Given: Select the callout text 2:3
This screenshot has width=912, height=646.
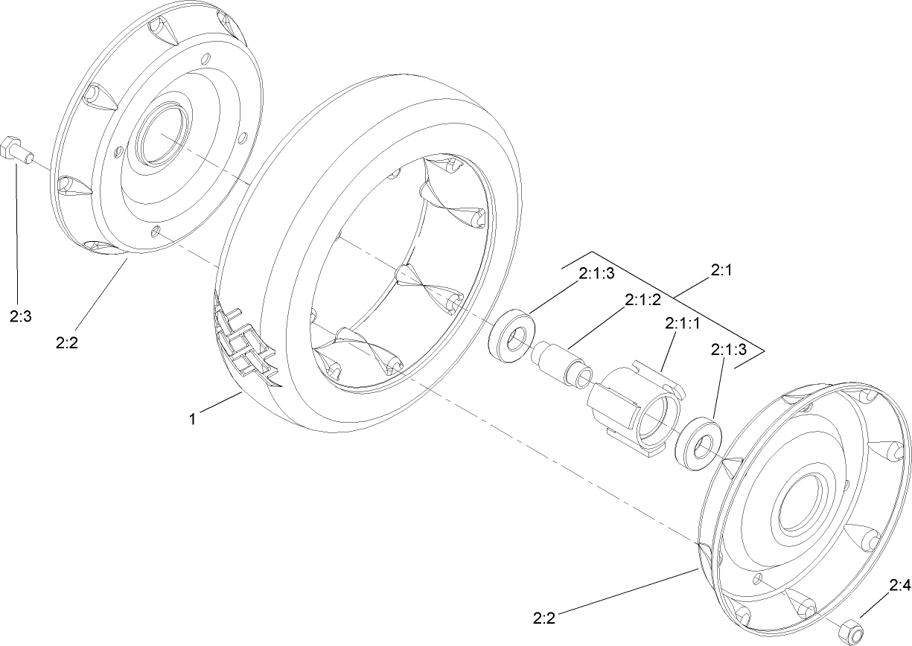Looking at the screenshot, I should click(x=20, y=316).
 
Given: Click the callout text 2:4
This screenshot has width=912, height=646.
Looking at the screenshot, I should click(x=899, y=587).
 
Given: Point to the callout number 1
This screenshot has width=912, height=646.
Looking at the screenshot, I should click(x=192, y=419).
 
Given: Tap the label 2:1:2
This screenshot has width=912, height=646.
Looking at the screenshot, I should click(x=642, y=299).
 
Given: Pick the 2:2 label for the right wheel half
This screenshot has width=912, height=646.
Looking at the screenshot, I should click(x=544, y=617).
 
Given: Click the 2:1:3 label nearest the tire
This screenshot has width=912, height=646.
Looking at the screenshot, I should click(x=596, y=273).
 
